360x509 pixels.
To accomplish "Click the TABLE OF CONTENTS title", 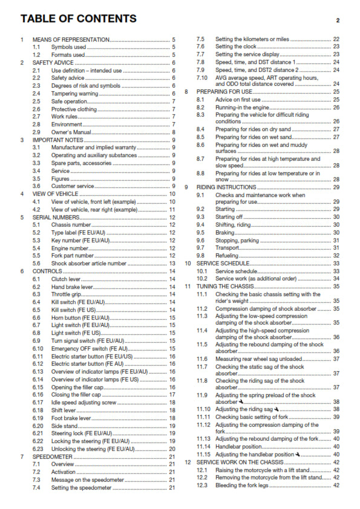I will (x=78, y=19).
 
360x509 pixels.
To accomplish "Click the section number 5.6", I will (x=37, y=264).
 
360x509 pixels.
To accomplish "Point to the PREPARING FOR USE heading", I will (x=227, y=91).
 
